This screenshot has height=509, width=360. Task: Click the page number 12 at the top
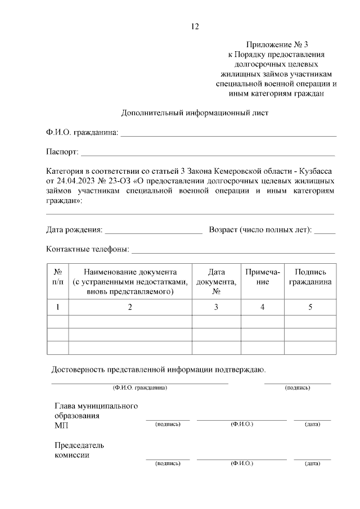point(195,26)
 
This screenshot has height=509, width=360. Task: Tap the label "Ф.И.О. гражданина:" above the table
point(82,133)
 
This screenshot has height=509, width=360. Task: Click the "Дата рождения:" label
point(74,229)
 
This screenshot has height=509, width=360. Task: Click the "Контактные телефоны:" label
point(87,249)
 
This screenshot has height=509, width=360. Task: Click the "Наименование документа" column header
point(130,282)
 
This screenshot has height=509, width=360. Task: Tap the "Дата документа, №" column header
point(216,282)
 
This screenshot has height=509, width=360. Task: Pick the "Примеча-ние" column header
point(263,277)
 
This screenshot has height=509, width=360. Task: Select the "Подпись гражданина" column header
point(310,277)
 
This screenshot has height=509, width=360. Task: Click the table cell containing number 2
point(130,307)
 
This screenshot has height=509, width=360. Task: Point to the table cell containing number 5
point(310,307)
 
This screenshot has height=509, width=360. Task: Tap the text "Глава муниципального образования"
point(96,411)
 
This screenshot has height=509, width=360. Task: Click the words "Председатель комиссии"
point(79,450)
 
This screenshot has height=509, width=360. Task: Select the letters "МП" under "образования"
point(61,426)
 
